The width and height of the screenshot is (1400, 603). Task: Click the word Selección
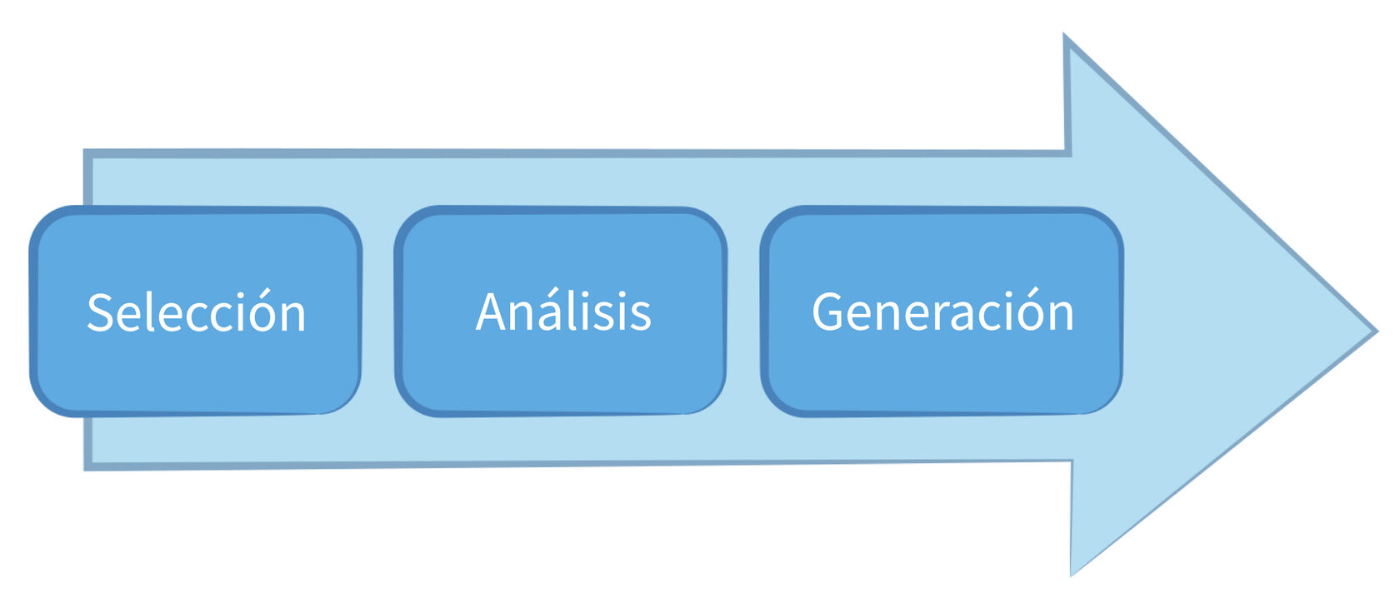(x=197, y=313)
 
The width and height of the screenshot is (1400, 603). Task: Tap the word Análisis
(x=563, y=312)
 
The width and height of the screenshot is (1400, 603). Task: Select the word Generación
(x=942, y=312)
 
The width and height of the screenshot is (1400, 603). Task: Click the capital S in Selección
(x=101, y=313)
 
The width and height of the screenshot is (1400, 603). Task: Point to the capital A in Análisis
(x=492, y=312)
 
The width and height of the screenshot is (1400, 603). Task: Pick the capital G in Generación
(x=827, y=312)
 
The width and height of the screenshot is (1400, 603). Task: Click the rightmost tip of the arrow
(x=1374, y=331)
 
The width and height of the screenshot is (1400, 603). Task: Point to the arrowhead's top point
(x=1067, y=38)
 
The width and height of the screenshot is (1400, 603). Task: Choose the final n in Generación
(x=1061, y=316)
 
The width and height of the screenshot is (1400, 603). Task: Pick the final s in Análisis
(x=641, y=316)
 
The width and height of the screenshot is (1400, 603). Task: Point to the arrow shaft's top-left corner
(x=87, y=153)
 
